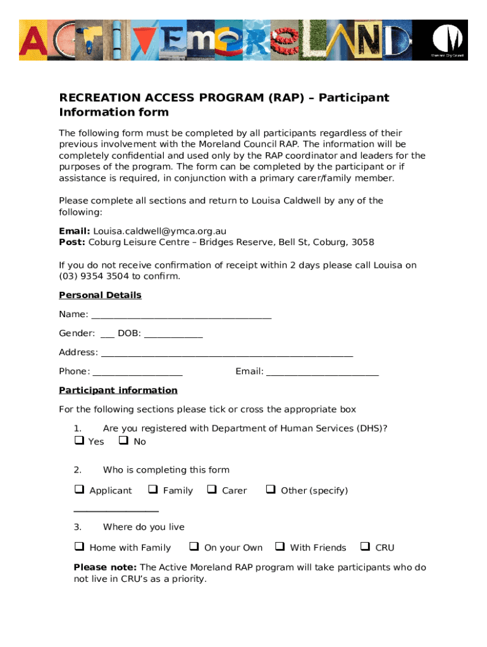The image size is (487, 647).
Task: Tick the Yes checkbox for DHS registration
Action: click(x=79, y=440)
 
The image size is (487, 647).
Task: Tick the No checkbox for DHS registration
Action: click(x=123, y=440)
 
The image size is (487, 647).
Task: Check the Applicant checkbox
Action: click(x=79, y=489)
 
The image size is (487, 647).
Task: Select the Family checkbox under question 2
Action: click(x=152, y=489)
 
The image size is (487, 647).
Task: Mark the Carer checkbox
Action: click(x=212, y=489)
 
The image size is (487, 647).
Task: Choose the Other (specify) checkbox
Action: click(x=271, y=489)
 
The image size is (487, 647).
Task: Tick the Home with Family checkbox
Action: click(x=79, y=547)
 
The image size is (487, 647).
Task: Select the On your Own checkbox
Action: click(x=194, y=547)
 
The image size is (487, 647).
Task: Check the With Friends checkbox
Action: click(x=280, y=547)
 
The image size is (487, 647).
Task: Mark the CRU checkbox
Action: click(x=365, y=547)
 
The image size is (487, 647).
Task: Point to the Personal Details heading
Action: click(x=100, y=295)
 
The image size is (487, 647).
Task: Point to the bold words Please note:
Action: click(x=105, y=567)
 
